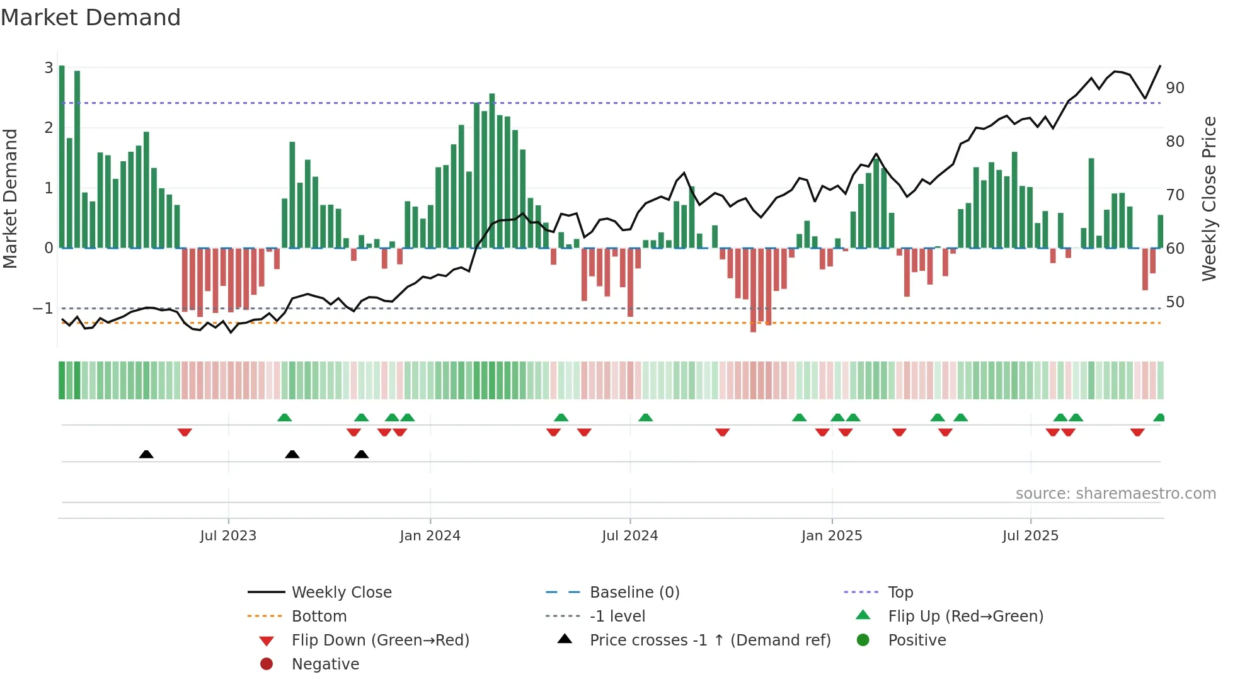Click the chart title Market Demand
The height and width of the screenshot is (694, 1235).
[91, 18]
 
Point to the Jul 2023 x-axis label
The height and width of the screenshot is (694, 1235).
[228, 536]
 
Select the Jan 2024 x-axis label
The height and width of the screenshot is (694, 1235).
[430, 536]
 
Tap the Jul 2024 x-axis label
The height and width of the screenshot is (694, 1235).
[629, 536]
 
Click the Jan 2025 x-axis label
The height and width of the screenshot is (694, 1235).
[832, 536]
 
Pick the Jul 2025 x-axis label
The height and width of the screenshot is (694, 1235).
[1030, 536]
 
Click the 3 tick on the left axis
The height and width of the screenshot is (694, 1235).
[49, 67]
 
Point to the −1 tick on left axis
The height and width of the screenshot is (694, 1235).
[43, 309]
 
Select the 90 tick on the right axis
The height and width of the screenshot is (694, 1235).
[1175, 88]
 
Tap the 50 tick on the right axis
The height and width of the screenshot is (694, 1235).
[1175, 302]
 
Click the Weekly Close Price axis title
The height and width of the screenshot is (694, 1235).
[1209, 198]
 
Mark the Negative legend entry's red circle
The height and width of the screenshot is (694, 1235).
[267, 664]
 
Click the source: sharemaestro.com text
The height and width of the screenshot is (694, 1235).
[1115, 494]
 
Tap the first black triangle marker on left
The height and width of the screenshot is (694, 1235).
[146, 454]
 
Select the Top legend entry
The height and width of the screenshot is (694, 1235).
[900, 593]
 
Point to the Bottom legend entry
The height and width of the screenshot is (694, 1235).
[319, 617]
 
